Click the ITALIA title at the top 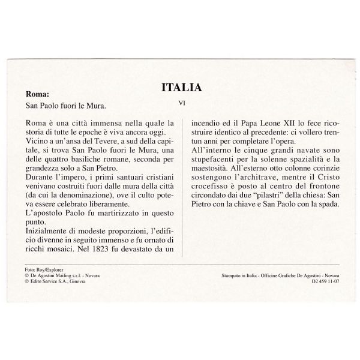coord(182,87)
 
